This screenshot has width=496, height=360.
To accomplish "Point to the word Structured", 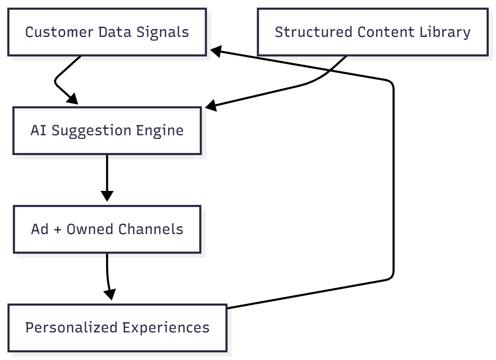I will (x=313, y=32).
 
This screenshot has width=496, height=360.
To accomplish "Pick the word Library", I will (x=446, y=32).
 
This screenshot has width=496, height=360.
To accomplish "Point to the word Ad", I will (x=40, y=229).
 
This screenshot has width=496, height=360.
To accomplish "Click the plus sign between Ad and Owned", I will (x=57, y=229).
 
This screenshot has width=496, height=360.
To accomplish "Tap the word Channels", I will (x=151, y=229).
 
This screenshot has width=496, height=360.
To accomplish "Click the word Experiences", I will (x=166, y=328).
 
